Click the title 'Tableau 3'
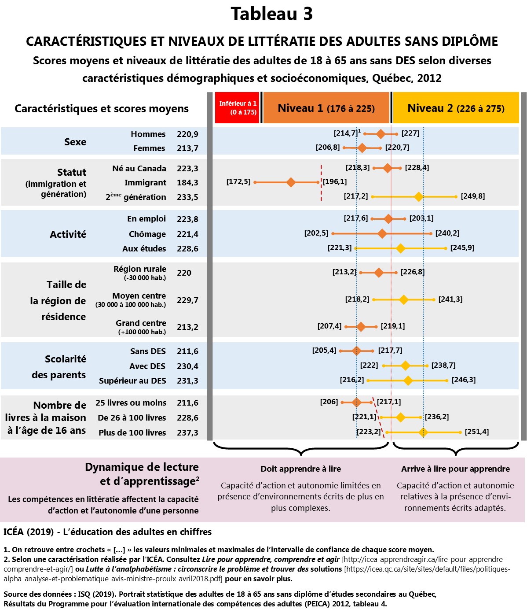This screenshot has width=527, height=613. click(x=271, y=14)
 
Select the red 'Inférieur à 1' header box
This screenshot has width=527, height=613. click(x=238, y=107)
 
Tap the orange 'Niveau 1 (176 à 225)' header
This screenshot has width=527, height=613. click(x=326, y=108)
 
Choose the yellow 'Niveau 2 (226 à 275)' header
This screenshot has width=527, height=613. click(x=456, y=108)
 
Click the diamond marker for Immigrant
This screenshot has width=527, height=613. click(x=291, y=182)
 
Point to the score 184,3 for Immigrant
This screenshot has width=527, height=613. click(x=187, y=182)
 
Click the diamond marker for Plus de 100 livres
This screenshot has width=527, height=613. click(x=423, y=432)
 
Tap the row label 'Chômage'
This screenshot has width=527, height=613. click(x=147, y=234)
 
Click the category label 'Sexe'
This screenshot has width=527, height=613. click(x=75, y=142)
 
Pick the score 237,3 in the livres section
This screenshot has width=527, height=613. click(x=187, y=432)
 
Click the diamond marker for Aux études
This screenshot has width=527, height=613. click(x=400, y=248)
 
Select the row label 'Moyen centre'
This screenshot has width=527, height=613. click(x=139, y=296)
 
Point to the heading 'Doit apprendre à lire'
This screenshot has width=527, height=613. click(x=300, y=469)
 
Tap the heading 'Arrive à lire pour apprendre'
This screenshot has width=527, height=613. click(x=455, y=469)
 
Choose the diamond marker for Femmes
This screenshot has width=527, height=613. click(x=362, y=148)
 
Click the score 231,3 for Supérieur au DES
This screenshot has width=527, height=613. click(x=187, y=380)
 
